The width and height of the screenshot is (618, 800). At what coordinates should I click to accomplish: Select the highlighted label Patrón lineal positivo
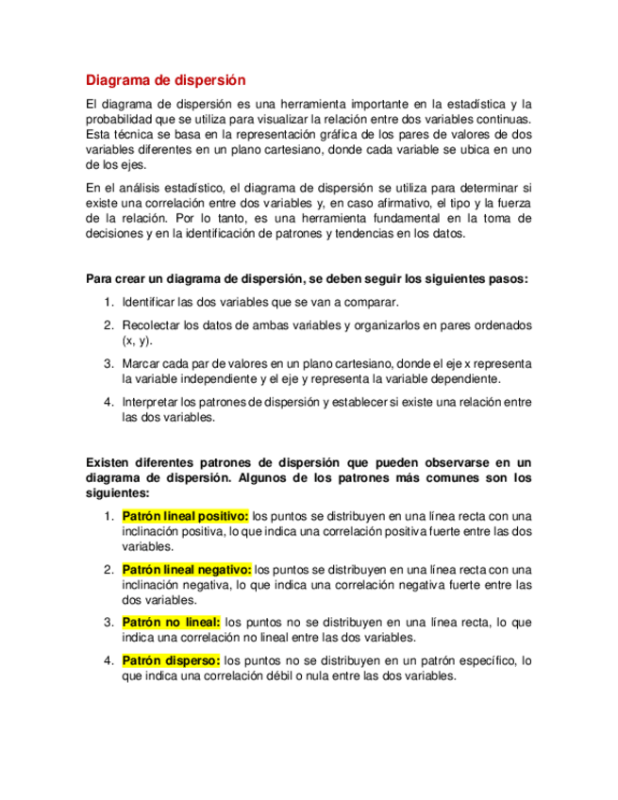click(x=185, y=516)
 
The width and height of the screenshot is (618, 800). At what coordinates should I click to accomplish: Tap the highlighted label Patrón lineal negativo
click(x=186, y=570)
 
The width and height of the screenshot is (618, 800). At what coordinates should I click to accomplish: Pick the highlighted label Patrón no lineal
click(x=171, y=623)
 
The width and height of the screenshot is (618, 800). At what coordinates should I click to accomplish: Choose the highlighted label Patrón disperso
click(x=171, y=660)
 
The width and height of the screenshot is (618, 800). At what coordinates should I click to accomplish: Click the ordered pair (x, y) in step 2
click(x=137, y=341)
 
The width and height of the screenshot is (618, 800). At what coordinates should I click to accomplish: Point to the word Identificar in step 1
click(x=152, y=302)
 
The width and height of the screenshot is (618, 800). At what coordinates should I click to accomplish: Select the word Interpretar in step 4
click(x=153, y=403)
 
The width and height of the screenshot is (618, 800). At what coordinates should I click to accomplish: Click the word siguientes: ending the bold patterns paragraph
click(x=117, y=492)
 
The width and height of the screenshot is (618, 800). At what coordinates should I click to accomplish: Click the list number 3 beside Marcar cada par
click(x=109, y=363)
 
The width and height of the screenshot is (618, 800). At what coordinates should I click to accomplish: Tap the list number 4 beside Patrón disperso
click(x=109, y=660)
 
